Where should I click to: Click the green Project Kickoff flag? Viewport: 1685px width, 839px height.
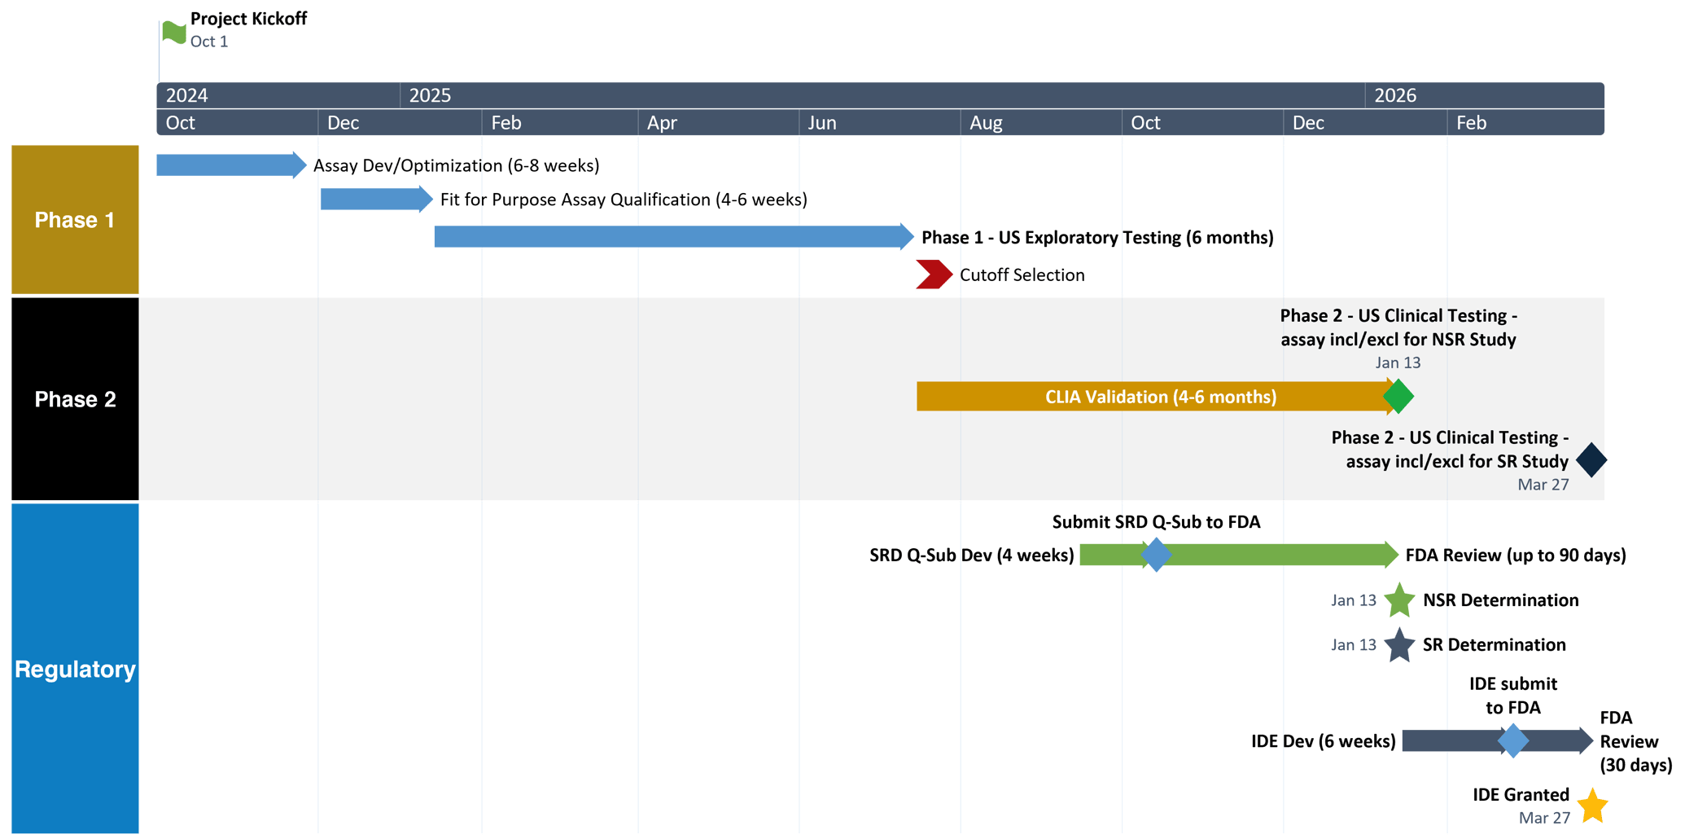pos(173,33)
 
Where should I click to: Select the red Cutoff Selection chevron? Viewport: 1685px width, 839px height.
pos(934,275)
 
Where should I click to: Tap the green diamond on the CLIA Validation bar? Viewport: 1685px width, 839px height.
pos(1398,397)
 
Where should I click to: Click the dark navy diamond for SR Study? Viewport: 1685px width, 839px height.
pos(1591,459)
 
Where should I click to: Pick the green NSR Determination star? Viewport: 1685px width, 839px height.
pos(1399,600)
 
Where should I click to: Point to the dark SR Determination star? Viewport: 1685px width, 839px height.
pos(1399,645)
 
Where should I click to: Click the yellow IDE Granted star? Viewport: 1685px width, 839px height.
pos(1592,806)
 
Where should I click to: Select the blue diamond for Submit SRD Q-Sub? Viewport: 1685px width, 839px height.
pos(1156,555)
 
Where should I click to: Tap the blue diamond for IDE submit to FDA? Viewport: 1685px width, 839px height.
pos(1513,740)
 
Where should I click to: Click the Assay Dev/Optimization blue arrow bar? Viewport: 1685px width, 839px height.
pos(232,165)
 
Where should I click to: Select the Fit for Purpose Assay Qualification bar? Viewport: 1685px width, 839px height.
pos(377,199)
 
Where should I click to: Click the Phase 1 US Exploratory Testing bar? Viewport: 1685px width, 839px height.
pos(675,237)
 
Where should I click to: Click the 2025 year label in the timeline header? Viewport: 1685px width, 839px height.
pos(430,95)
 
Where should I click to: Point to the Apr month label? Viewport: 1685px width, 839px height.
pos(662,123)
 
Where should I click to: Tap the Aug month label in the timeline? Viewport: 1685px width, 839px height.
pos(986,123)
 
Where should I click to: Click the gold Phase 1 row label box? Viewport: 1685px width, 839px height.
pos(75,220)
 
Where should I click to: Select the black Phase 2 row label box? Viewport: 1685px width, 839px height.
pos(75,399)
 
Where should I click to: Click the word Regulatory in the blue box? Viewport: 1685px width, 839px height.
pos(75,669)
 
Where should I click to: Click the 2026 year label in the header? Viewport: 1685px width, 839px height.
pos(1395,95)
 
